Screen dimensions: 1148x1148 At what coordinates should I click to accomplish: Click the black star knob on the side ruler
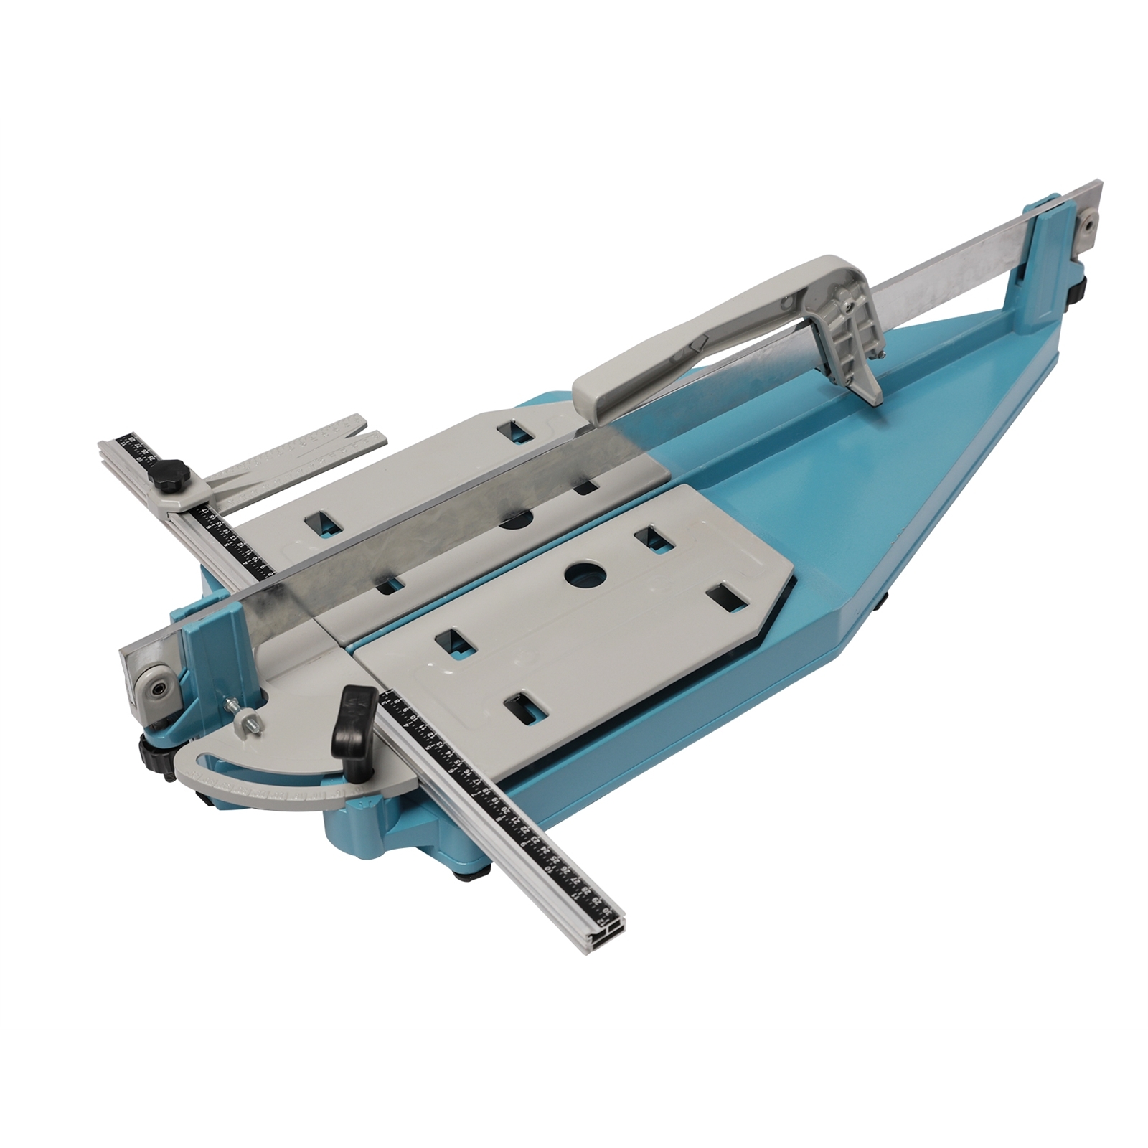(x=175, y=474)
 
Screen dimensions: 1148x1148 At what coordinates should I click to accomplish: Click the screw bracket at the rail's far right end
(x=1088, y=229)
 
